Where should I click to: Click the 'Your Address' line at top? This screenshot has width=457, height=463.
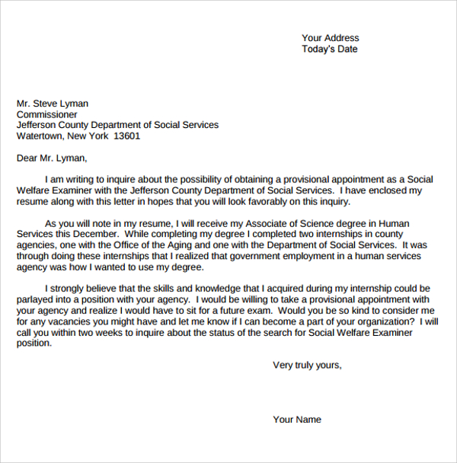[330, 38]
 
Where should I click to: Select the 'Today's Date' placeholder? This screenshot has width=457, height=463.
[329, 49]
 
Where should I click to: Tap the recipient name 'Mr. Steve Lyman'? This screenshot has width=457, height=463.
[53, 104]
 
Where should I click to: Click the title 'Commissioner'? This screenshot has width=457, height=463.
[47, 114]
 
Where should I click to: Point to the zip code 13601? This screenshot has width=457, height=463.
[126, 136]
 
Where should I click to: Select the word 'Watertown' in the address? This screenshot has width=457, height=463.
[40, 136]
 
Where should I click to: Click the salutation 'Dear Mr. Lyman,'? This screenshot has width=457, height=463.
[52, 158]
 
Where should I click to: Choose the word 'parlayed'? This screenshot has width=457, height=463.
[37, 300]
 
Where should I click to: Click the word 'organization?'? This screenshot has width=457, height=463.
[387, 322]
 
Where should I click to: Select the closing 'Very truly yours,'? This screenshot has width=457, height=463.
[307, 366]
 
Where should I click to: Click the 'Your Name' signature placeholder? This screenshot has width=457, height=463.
[297, 420]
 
